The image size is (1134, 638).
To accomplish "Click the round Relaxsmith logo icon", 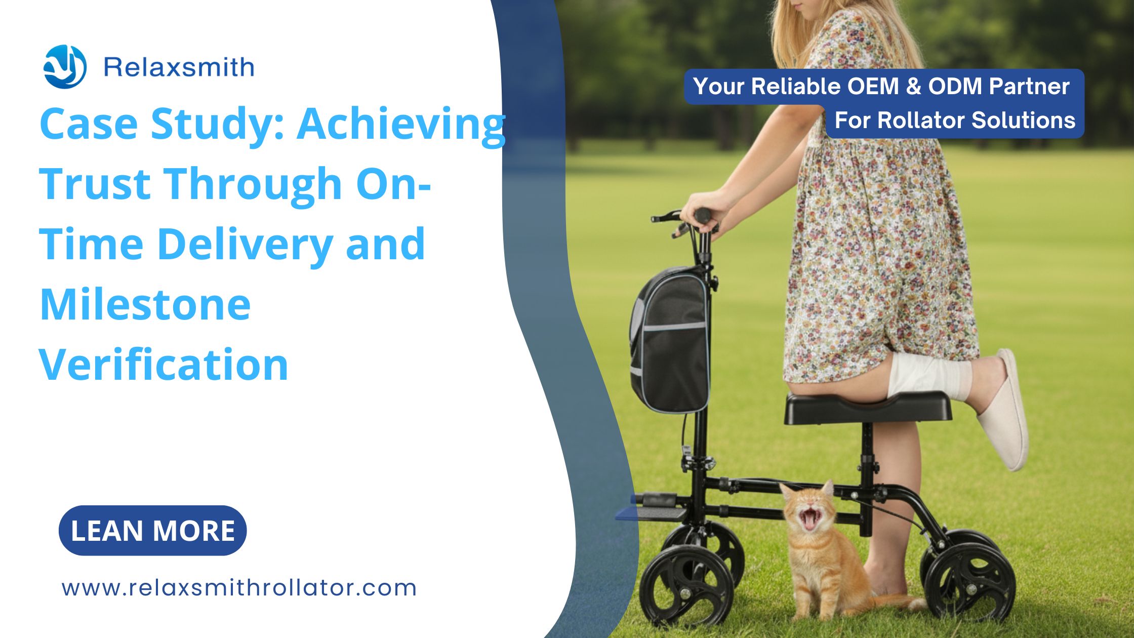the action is coord(65,67).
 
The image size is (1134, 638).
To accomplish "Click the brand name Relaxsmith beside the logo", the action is coord(179,67).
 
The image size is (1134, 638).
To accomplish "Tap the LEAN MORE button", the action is coord(153,531).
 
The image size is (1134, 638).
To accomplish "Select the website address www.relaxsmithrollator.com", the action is coord(239,588).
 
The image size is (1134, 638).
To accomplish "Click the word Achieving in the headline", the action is coord(401,124).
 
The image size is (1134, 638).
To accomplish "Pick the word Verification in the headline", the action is coord(164,365).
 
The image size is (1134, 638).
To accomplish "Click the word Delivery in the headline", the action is coord(246,244).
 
